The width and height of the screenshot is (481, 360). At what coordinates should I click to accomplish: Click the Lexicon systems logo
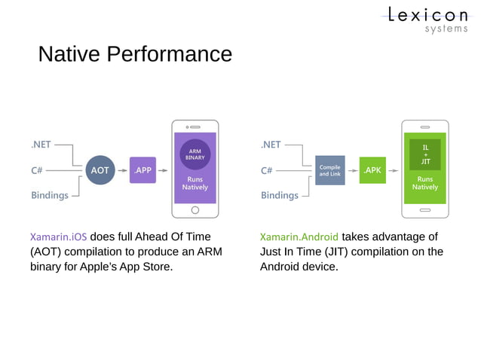[x=427, y=19]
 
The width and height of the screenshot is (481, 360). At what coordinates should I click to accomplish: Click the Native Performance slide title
[x=135, y=55]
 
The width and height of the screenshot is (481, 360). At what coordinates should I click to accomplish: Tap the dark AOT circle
[x=100, y=170]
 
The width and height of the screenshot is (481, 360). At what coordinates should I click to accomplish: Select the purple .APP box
[x=142, y=170]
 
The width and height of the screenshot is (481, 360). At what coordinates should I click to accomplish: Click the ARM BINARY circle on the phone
[x=195, y=154]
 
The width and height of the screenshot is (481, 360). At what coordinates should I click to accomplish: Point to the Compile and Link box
[x=329, y=170]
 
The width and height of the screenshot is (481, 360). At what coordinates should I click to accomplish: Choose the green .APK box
[x=372, y=170]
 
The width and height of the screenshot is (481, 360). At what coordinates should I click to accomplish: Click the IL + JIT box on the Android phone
[x=425, y=154]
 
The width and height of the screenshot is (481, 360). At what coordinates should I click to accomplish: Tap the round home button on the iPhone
[x=195, y=210]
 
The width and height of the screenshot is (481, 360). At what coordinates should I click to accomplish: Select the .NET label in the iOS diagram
[x=41, y=144]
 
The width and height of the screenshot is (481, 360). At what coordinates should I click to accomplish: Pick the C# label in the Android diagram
[x=266, y=170]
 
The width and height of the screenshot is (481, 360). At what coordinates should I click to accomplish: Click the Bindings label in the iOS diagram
[x=50, y=195]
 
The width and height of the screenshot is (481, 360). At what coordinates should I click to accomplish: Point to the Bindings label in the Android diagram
[x=279, y=195]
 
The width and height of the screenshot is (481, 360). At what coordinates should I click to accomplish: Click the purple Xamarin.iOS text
[x=58, y=236]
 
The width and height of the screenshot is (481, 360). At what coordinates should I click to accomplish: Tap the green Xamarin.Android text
[x=299, y=236]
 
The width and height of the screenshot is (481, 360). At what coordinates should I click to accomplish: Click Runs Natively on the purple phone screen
[x=195, y=183]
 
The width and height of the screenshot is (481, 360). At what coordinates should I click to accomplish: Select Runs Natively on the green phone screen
[x=425, y=183]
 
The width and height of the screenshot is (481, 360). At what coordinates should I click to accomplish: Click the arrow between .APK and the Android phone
[x=394, y=170]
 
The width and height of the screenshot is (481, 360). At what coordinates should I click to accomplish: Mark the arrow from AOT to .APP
[x=121, y=170]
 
